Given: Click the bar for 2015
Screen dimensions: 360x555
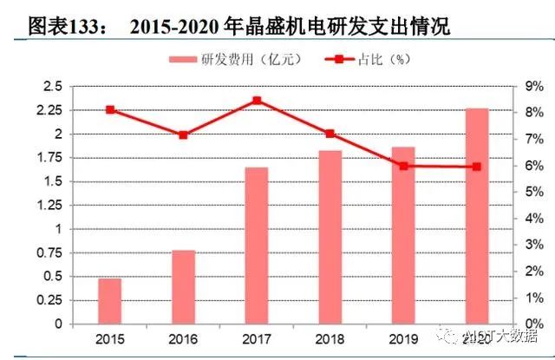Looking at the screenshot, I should coord(109,301).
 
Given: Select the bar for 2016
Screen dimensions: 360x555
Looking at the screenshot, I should coord(183,287).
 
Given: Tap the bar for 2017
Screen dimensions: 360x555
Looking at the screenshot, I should coord(257,245).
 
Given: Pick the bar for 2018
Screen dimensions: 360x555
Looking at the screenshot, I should coord(330,238).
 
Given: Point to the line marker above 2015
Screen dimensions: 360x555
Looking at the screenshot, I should coord(110,110).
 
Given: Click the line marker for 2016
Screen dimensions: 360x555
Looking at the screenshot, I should coord(183,135).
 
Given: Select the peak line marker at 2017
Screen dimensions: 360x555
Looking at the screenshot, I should coord(257,101).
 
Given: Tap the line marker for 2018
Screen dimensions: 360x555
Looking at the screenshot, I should coord(330,134).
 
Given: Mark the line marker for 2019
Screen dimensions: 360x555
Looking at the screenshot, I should coord(403,166).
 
